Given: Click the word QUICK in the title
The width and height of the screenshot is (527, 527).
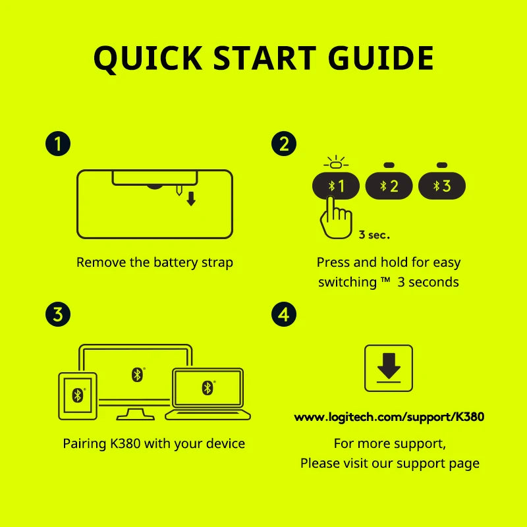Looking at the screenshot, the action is point(148,58).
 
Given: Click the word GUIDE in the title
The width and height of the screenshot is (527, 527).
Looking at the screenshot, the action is point(381,58).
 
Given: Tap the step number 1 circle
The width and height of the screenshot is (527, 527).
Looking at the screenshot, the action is point(58,144).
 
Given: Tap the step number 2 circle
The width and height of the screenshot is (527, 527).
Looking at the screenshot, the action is point(284,144).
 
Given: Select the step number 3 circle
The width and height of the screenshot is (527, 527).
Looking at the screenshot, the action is point(58,314).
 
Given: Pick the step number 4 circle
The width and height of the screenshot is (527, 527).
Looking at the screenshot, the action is point(284,314).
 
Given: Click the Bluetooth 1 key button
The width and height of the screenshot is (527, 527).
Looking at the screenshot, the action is point(336,186).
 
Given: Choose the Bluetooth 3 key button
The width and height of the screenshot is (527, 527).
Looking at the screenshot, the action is point(442,186).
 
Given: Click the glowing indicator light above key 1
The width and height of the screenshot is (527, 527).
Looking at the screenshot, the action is point(336,163).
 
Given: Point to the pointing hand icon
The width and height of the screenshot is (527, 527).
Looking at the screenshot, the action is point(336,219).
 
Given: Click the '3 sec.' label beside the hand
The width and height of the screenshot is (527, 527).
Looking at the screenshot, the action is point(374,235).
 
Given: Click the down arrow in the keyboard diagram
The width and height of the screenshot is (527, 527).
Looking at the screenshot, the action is point(191,199).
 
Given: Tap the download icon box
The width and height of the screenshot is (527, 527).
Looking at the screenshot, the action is point(389,368).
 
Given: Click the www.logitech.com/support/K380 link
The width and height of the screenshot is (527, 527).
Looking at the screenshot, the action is point(389,417).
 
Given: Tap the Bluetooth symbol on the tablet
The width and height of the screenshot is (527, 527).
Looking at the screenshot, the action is point(78,395).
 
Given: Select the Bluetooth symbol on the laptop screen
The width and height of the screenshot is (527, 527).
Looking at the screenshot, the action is point(208,388).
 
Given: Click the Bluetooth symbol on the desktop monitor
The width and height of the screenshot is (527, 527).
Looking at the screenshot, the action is point(137,375).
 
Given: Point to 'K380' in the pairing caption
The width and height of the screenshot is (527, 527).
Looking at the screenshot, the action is point(125,443).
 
